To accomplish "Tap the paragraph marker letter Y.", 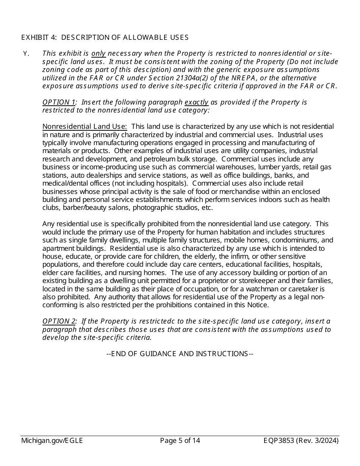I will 26,53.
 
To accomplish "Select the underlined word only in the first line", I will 99,53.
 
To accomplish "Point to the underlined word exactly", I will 196,102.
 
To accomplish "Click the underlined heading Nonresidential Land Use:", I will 85,127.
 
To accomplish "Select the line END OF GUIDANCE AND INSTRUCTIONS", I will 180,353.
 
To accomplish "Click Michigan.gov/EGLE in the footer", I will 52,440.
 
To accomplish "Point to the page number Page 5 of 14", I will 180,440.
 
